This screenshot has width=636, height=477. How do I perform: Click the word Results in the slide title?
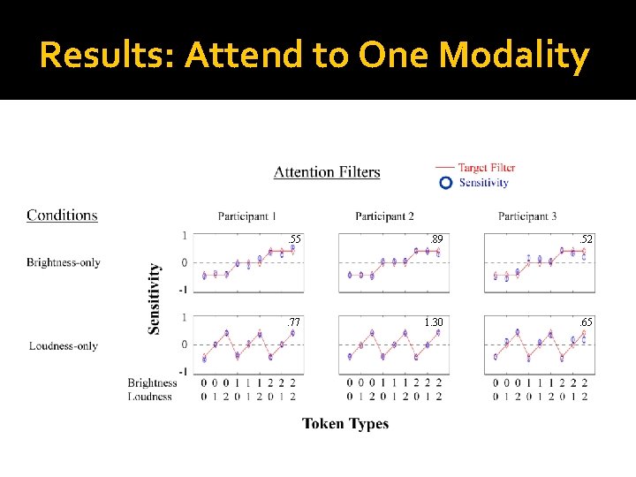(x=107, y=56)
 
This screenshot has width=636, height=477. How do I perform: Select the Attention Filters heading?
(x=327, y=172)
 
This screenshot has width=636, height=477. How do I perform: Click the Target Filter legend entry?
(x=486, y=167)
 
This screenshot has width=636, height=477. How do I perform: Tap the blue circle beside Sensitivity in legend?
(x=446, y=182)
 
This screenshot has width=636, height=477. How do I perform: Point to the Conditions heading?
(x=62, y=215)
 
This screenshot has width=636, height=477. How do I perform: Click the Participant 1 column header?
(x=246, y=216)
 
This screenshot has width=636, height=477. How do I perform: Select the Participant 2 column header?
(x=384, y=216)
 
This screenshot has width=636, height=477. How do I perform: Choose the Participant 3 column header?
(x=527, y=216)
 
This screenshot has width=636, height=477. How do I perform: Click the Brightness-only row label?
(x=63, y=262)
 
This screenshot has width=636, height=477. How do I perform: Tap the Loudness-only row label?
(x=63, y=346)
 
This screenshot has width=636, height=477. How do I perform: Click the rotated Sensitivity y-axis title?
(x=155, y=298)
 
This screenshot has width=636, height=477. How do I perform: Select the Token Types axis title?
(x=345, y=424)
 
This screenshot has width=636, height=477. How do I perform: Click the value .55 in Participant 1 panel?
(x=294, y=239)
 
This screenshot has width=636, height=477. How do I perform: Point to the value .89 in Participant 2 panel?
(x=435, y=239)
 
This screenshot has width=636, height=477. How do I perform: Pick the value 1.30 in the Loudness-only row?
(x=434, y=322)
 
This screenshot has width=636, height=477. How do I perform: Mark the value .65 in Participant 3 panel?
(x=585, y=322)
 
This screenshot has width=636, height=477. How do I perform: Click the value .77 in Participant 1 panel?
(x=294, y=322)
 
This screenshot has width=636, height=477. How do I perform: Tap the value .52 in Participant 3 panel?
(x=585, y=239)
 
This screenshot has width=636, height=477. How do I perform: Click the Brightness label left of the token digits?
(x=152, y=382)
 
